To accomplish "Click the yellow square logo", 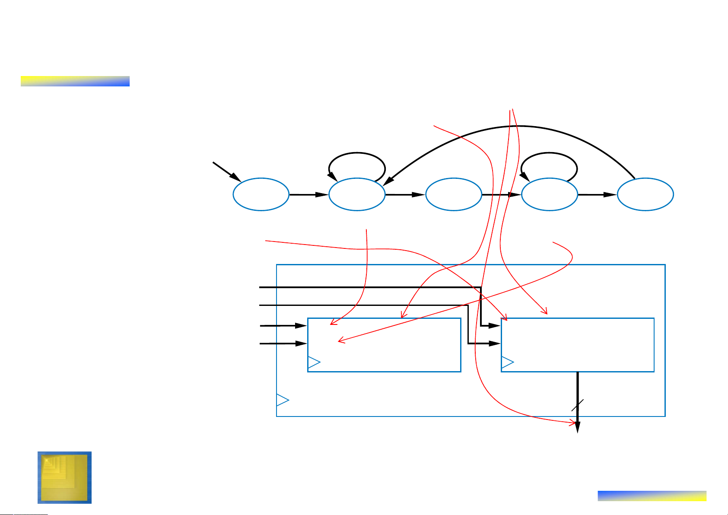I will [64, 477].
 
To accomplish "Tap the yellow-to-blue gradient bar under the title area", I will [75, 81].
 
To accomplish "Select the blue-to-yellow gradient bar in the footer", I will [652, 496].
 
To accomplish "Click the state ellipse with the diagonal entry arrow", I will [261, 194].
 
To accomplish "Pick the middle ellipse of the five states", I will [454, 194].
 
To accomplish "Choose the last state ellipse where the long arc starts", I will [645, 194].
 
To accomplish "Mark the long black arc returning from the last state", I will [518, 126].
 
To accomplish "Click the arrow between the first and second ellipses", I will [309, 195].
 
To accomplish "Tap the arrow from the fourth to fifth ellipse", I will [598, 195].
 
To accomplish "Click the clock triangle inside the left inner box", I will [314, 363].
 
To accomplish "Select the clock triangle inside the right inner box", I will [507, 363].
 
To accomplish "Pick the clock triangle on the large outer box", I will [282, 400].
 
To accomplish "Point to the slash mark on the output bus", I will [578, 405].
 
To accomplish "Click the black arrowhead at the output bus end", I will [578, 426].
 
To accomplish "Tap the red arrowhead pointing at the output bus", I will [573, 423].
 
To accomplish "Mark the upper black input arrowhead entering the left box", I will [301, 326].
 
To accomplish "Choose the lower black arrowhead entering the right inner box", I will [495, 344].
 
